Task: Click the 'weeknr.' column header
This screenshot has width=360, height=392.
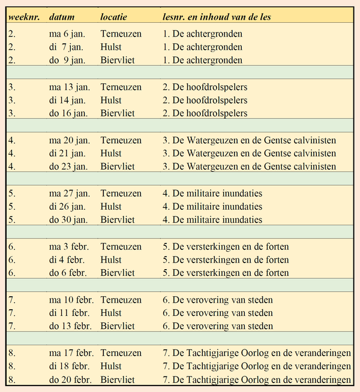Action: coord(24,17)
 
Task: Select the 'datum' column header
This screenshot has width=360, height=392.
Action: coord(62,17)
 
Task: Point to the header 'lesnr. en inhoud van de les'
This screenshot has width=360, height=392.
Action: coord(217,17)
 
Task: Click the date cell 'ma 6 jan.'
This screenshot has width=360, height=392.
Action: coord(68,34)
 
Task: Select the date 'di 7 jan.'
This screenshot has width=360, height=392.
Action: coord(67,47)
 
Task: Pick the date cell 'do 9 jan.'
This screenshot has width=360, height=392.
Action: coord(68,61)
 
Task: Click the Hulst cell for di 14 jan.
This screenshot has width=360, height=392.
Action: coord(111,101)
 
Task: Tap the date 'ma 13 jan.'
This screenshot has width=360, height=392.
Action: coord(70,88)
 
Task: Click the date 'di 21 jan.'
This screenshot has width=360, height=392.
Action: coord(69,154)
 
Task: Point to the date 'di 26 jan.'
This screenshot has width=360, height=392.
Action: coord(69,207)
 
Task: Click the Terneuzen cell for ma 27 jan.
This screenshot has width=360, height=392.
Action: coord(121,194)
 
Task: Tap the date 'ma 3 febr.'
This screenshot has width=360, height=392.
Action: coord(70,247)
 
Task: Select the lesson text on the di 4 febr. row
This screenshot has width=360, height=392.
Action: coord(226,260)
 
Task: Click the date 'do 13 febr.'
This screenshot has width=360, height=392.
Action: coord(71,327)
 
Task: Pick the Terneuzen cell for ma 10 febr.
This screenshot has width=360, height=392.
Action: coord(121,300)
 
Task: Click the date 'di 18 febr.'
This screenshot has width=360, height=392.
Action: coord(71,366)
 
